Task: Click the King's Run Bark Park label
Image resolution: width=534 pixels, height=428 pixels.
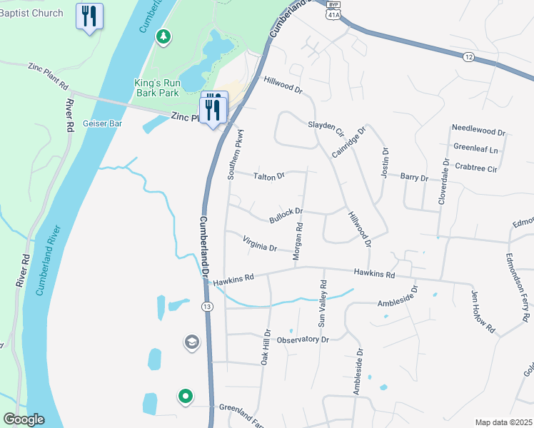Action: [x=158, y=88]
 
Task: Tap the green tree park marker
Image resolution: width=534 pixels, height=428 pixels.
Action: [x=163, y=36]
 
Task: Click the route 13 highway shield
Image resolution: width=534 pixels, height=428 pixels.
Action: [x=207, y=306]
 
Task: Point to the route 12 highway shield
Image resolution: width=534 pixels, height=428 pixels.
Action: [x=468, y=57]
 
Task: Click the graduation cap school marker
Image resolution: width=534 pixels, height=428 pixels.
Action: [x=191, y=343]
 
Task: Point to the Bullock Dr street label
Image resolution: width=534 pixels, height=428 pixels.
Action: [x=286, y=213]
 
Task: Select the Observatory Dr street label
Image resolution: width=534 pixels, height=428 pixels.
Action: [x=302, y=340]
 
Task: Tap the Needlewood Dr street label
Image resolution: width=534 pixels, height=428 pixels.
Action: [x=478, y=133]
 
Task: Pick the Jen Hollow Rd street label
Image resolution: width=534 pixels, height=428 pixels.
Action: [x=483, y=310]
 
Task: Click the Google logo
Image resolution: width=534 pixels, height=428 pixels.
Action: [x=24, y=419]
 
